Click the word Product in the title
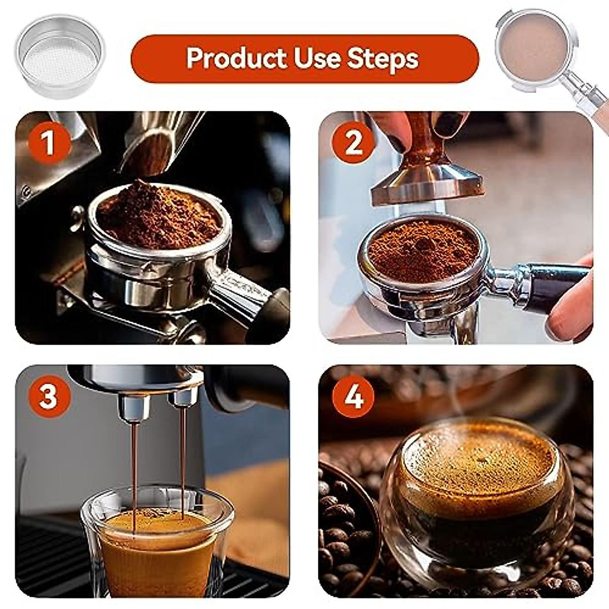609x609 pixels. click(236, 58)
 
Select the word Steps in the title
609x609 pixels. click(383, 58)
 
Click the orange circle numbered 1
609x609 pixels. click(48, 143)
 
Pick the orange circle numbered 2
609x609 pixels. click(354, 143)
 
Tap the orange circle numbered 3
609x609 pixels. click(48, 396)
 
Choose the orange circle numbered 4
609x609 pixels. click(354, 396)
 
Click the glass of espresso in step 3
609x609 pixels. click(157, 543)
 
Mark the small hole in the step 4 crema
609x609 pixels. click(479, 461)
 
